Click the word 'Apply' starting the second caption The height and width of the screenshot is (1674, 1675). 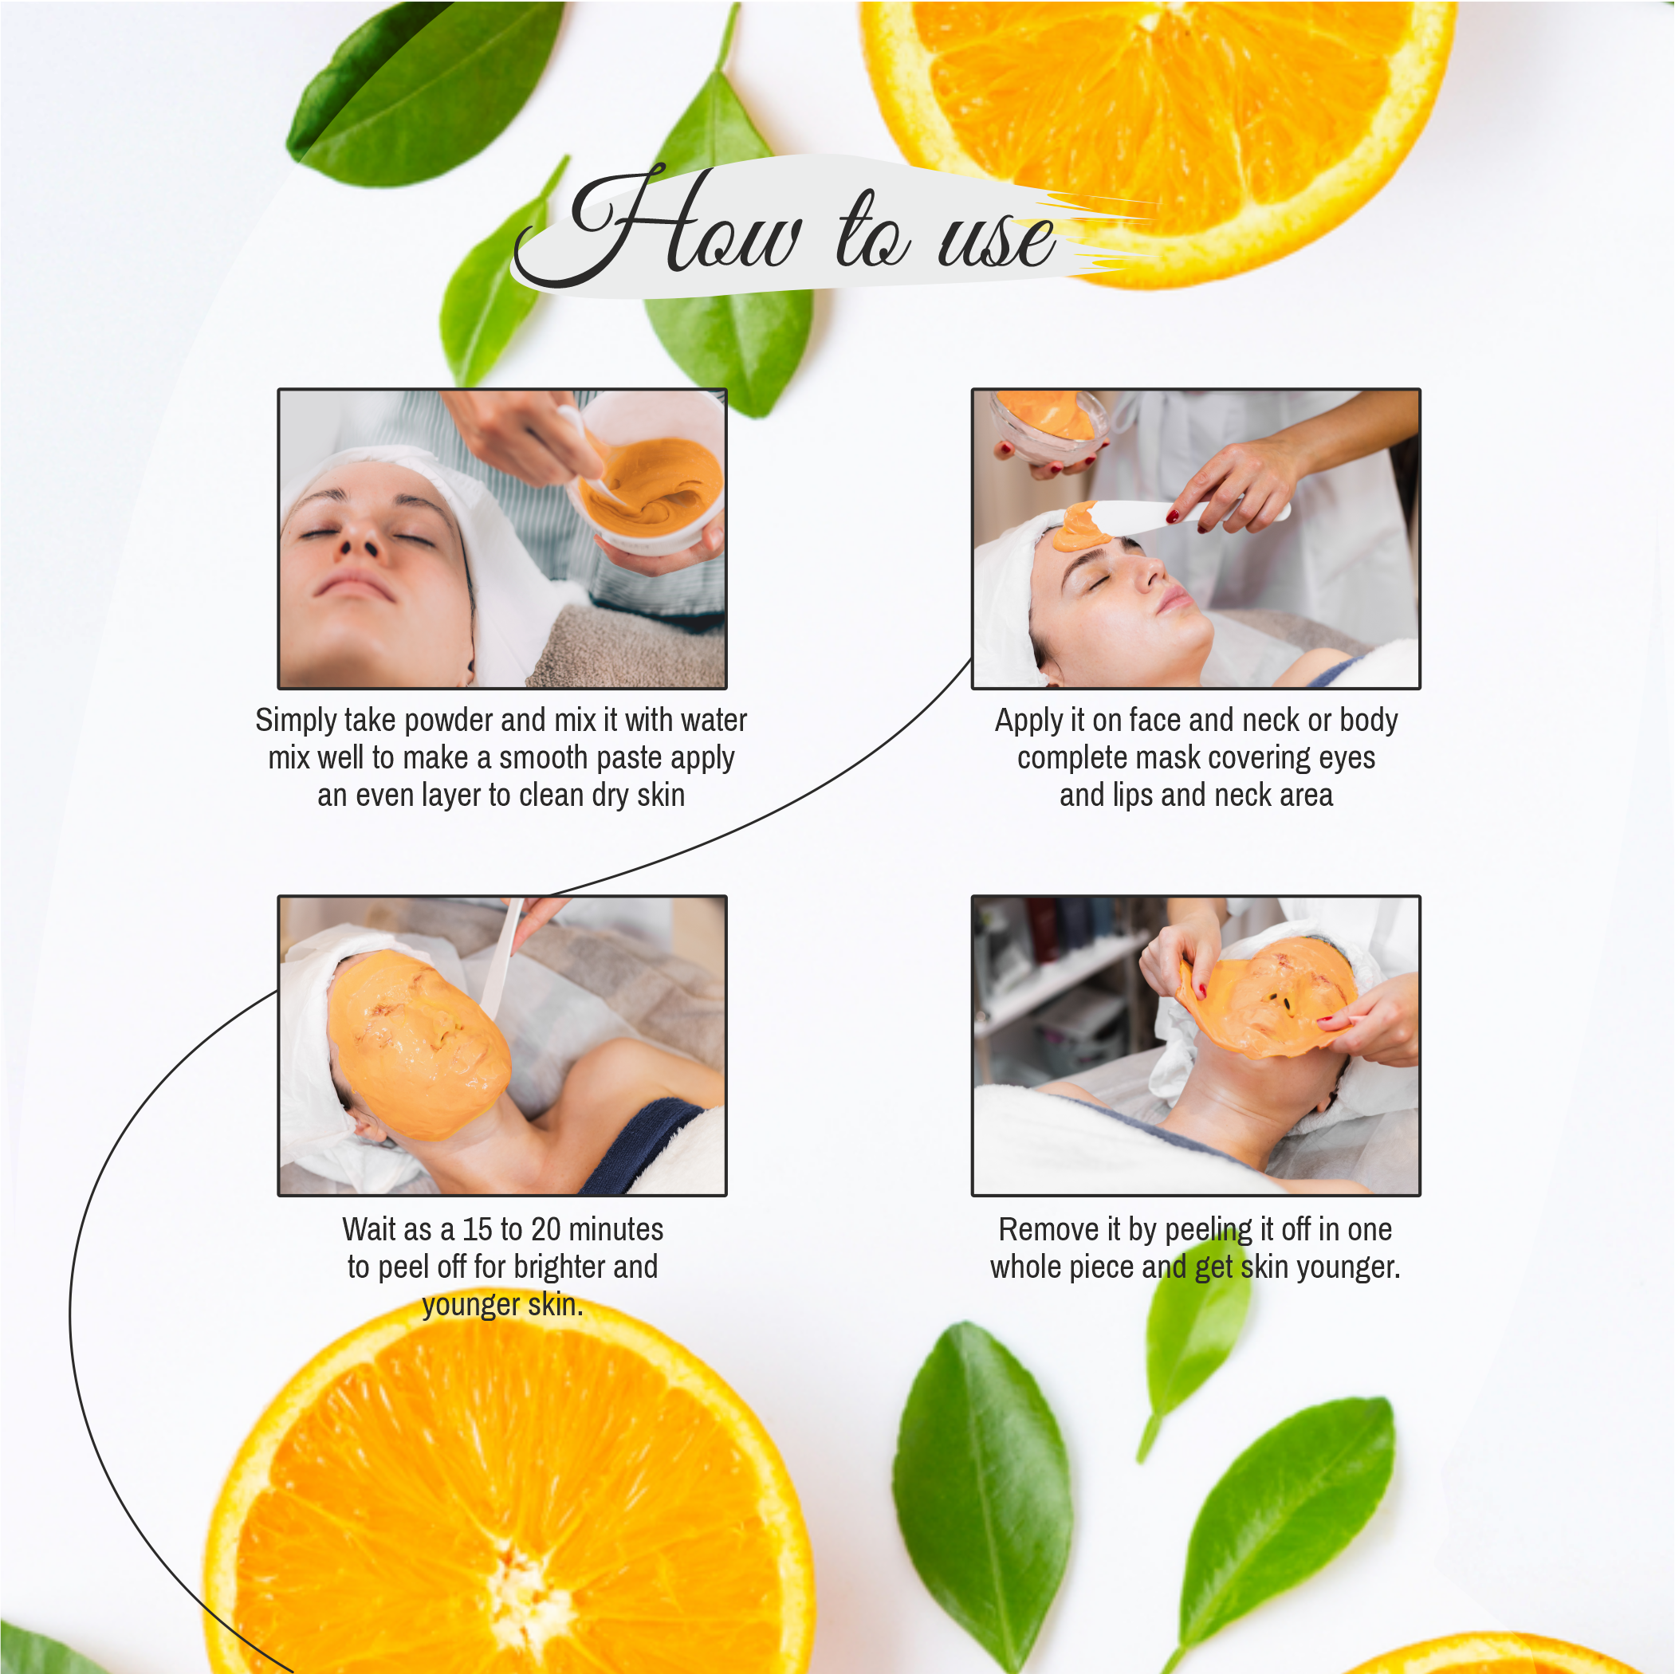1028,721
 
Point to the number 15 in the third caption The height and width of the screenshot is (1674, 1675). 477,1229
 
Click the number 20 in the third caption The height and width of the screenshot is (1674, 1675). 545,1229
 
